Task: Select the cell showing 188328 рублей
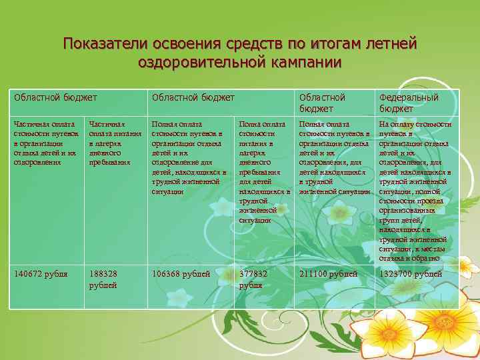coord(103,279)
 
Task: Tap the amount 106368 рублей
coord(181,274)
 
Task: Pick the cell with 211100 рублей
coord(328,274)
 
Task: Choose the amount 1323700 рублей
coord(413,274)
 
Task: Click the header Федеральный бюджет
coord(409,103)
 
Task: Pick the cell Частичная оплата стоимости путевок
coord(45,143)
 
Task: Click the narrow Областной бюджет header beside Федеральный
coord(322,103)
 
